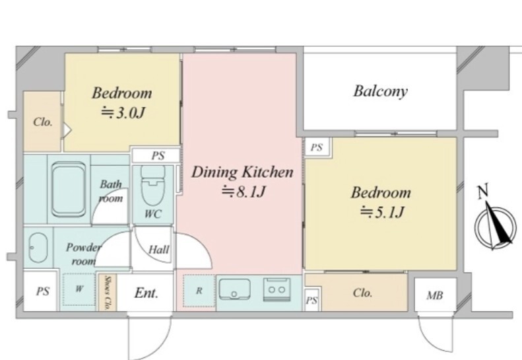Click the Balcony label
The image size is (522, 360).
pos(380,91)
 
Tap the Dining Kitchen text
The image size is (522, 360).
pos(242,172)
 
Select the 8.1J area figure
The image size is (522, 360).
pos(244,192)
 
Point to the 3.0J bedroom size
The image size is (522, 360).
pos(123,113)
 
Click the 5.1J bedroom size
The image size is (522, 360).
pos(382,212)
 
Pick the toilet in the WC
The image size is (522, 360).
pos(153,186)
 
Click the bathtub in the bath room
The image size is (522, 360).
pos(69,189)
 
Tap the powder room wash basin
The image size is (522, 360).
pos(38,248)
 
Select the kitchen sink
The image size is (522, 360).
pos(235,289)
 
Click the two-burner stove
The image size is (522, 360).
pos(277,289)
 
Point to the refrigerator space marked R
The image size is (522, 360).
pos(199,291)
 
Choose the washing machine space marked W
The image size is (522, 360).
pos(79,289)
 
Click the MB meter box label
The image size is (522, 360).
pos(435,295)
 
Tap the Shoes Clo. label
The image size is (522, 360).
pos(107,293)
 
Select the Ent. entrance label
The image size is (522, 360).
pos(146,293)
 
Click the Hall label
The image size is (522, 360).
pos(159,249)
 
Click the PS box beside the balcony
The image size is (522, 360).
pos(317,147)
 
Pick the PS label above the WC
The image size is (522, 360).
pos(158,156)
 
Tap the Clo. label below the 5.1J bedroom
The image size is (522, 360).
pos(362,293)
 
